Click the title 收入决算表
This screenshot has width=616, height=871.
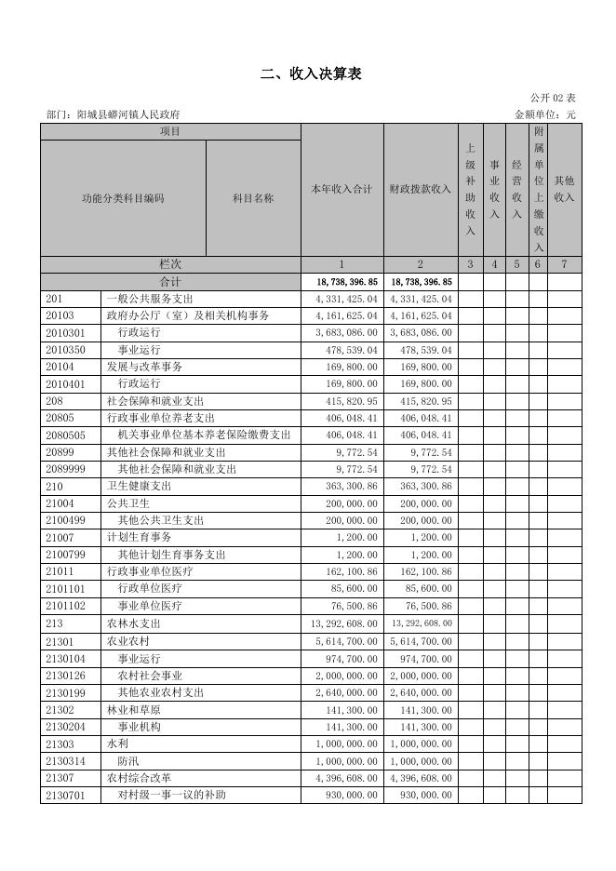coord(311,74)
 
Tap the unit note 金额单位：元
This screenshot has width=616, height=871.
coord(545,114)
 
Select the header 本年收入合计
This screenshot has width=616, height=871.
coord(341,190)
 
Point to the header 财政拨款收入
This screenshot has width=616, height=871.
coord(420,190)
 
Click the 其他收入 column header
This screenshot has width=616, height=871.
coord(564,189)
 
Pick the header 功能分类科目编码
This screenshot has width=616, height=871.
coord(123,198)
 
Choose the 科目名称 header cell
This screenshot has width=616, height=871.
coord(253,198)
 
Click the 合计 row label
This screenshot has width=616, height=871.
coord(170,281)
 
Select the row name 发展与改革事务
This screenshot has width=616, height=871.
coord(144,367)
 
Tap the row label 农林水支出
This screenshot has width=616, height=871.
coord(133,623)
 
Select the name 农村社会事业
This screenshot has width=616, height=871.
coord(150,675)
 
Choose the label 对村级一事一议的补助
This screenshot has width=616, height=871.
coord(171,795)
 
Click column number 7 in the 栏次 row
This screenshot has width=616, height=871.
coord(564,264)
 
